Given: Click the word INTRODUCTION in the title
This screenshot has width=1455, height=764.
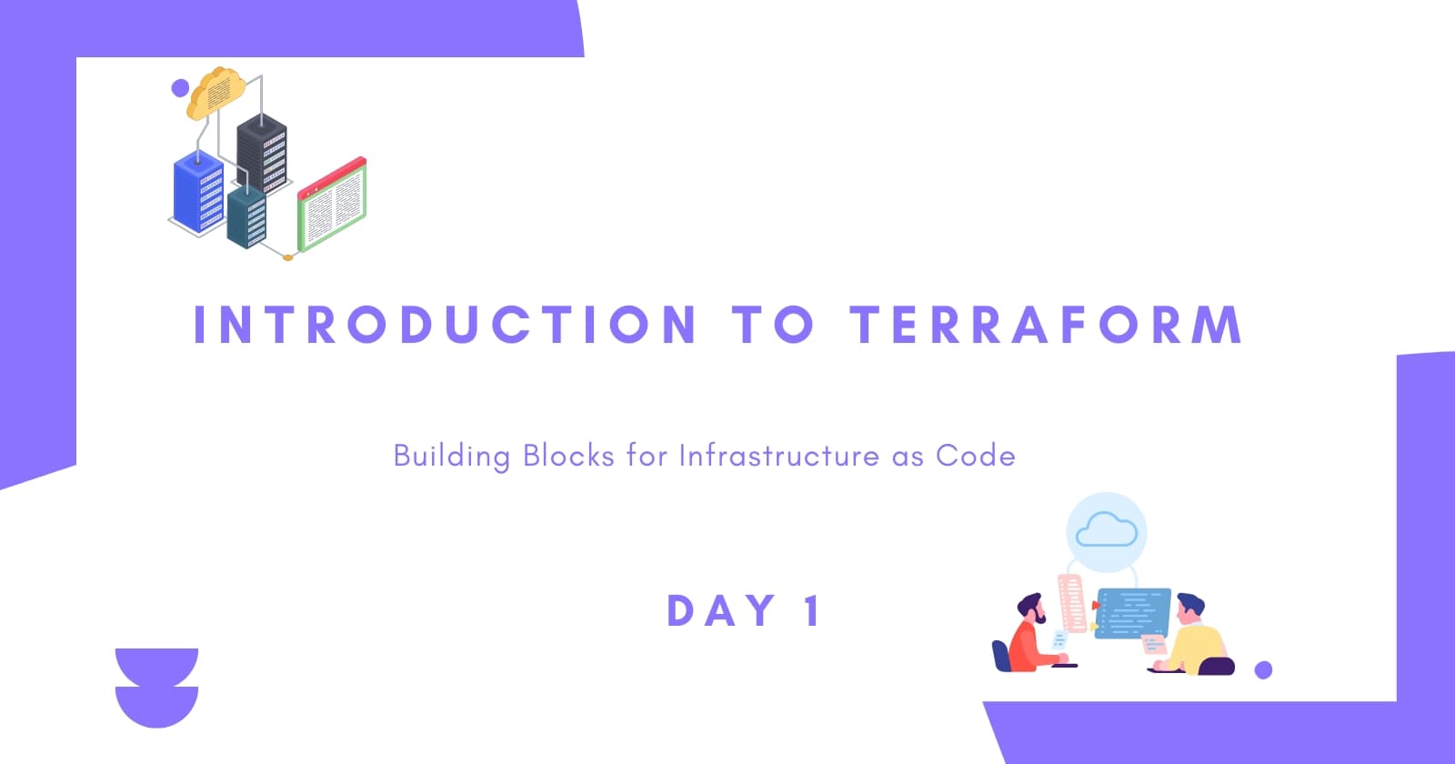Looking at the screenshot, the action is (x=445, y=324).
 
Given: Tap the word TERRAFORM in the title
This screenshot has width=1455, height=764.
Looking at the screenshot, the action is (x=1047, y=324).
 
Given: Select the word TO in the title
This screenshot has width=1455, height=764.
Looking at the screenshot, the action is (x=773, y=324).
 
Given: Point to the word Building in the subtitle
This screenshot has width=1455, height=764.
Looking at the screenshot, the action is (x=451, y=457).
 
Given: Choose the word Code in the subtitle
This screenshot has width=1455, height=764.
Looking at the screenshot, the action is (x=976, y=456).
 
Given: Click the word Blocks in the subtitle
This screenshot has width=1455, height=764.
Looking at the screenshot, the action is (x=568, y=456).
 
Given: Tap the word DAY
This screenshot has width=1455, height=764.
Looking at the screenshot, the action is (x=721, y=610).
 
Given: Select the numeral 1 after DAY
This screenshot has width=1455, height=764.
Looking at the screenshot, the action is (x=813, y=610).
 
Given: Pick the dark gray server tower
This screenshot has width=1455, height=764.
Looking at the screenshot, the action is (x=262, y=154).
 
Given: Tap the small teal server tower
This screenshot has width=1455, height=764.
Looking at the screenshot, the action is (x=246, y=217).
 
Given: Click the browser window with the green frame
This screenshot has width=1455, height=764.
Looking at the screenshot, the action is (x=332, y=205).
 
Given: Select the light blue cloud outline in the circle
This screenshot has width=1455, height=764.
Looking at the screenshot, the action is (x=1107, y=530).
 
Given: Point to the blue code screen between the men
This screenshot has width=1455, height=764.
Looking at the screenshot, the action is (x=1133, y=613).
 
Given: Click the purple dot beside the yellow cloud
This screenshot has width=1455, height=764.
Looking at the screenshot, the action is (x=180, y=87).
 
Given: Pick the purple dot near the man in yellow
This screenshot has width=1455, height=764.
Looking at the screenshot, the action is (x=1263, y=669).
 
